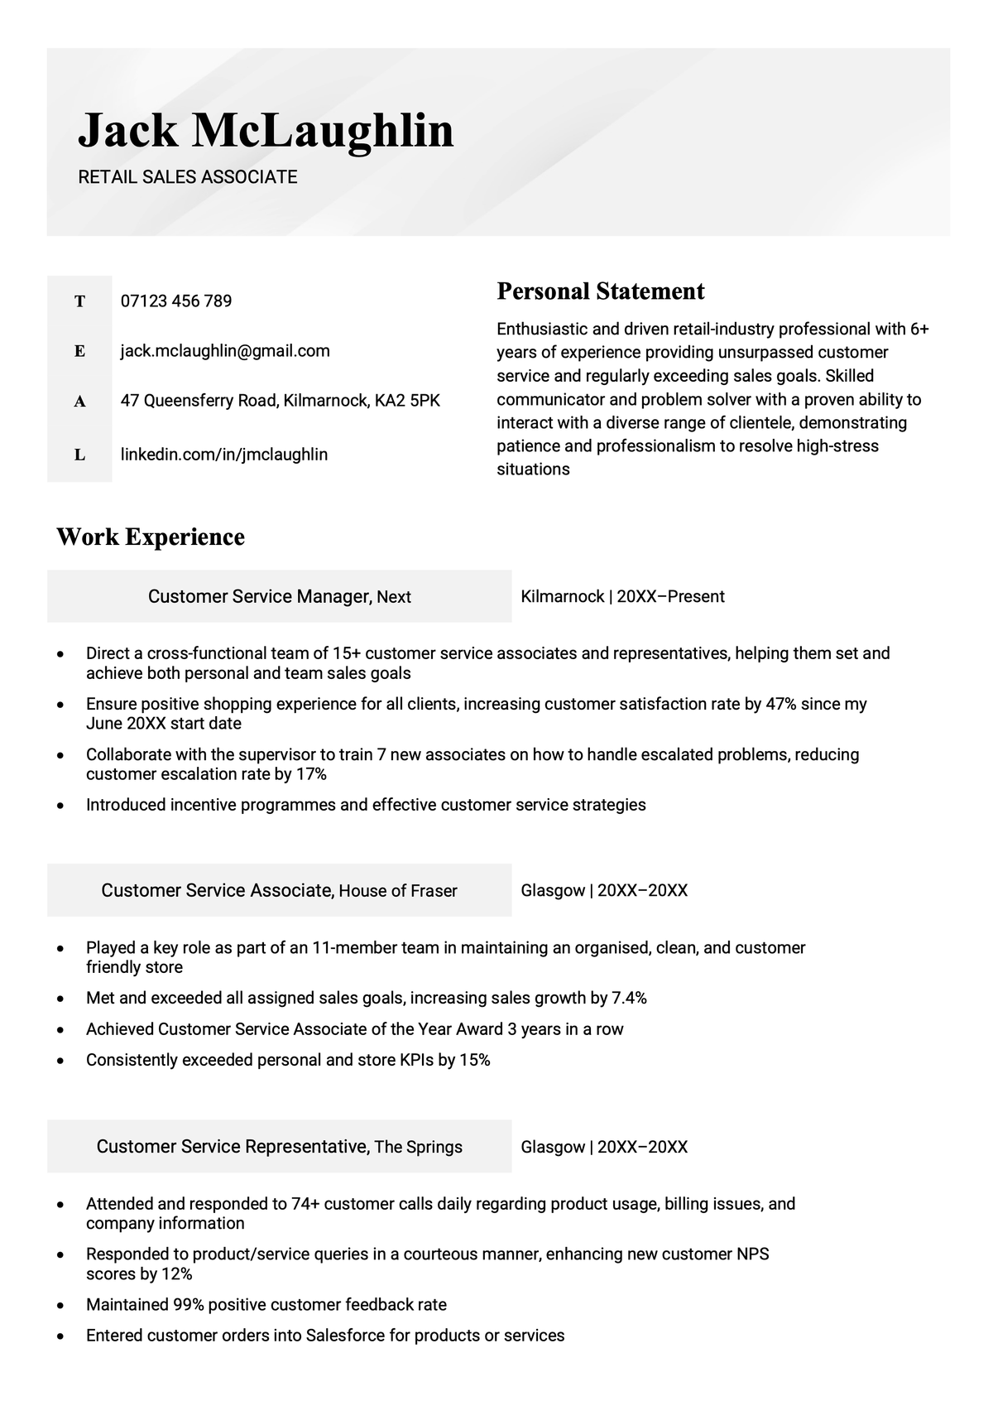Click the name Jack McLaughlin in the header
coord(266,131)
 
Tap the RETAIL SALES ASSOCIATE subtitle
coord(188,176)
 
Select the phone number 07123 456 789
coord(176,301)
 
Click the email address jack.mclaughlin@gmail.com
coord(225,350)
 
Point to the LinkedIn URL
coord(224,454)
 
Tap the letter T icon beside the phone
coord(79,301)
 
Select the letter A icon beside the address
coord(79,402)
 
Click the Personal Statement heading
coord(600,291)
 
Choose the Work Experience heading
coord(151,537)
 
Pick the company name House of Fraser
coord(398,891)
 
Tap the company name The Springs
coord(418,1147)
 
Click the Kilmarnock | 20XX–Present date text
coord(622,596)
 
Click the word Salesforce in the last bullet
coord(343,1335)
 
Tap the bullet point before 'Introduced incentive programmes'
coord(60,805)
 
